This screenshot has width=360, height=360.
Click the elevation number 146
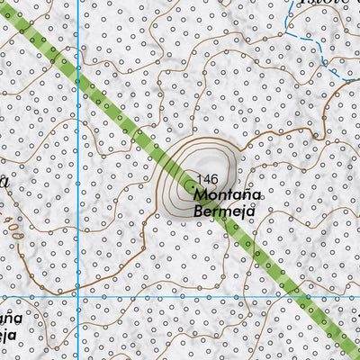208,179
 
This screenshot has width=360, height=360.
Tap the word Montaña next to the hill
227,195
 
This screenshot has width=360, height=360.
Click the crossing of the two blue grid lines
80,297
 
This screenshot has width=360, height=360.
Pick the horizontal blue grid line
180,297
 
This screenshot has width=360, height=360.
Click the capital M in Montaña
199,195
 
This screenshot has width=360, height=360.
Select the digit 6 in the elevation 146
214,179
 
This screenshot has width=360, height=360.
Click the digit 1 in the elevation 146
202,179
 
